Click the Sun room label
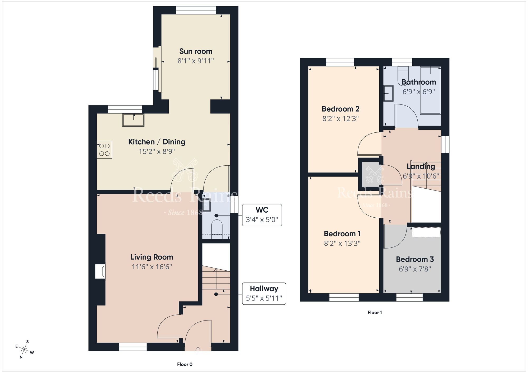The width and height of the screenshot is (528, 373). [196, 51]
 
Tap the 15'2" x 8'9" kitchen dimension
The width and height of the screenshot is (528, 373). [157, 151]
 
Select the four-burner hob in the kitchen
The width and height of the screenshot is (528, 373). [105, 150]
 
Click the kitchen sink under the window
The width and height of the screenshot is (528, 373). [133, 120]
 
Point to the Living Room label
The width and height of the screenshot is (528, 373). [152, 257]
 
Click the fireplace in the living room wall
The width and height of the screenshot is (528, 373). [100, 271]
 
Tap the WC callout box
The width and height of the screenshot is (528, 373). [262, 215]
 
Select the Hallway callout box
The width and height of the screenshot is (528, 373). [264, 294]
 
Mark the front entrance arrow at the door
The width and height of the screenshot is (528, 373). [198, 350]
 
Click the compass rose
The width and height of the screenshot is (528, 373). [24, 350]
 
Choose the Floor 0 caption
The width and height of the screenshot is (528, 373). [185, 364]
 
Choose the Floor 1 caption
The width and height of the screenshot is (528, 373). [375, 313]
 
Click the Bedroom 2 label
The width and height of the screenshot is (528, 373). [340, 109]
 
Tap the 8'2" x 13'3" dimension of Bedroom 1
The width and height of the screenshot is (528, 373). [342, 243]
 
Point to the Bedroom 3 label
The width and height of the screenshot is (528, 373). [415, 259]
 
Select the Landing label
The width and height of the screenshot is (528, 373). [421, 166]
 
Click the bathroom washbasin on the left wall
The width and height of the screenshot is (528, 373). [388, 93]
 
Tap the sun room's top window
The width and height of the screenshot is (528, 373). [196, 10]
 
